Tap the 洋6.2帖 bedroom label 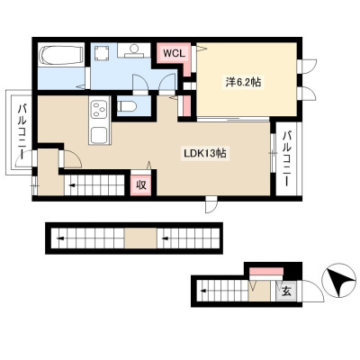coord(243,82)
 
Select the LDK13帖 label coord(205,154)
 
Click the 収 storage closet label coord(141,184)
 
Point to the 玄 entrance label coord(287,291)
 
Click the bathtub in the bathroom coord(61,56)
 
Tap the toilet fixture coord(127,106)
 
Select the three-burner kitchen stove coord(100,109)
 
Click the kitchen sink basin coord(100,135)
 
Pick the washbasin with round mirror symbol coord(134,50)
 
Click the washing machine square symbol coord(101,53)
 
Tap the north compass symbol coord(338,282)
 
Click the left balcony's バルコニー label coord(22,130)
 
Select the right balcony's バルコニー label coord(288,158)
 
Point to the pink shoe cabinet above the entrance coord(266,271)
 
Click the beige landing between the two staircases coord(140,238)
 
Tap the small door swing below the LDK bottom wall coord(211,205)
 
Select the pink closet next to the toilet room coord(186,105)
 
